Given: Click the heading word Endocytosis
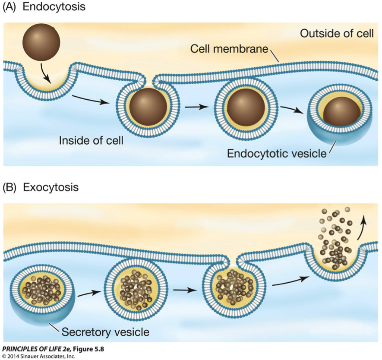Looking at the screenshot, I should (54, 7).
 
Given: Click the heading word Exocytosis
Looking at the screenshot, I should (51, 187).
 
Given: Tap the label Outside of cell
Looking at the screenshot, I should (337, 33).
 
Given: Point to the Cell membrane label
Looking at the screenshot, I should (229, 49).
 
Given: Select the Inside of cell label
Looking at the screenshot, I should (91, 140).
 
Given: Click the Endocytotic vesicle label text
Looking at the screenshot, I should (277, 153).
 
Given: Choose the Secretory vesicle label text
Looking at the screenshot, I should (105, 332).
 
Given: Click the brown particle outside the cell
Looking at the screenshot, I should (41, 42).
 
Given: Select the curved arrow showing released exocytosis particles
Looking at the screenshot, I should (362, 228).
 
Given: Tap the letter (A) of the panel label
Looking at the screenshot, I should (9, 7).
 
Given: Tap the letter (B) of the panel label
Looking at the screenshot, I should (9, 187).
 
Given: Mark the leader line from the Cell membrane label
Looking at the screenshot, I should (275, 55).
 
